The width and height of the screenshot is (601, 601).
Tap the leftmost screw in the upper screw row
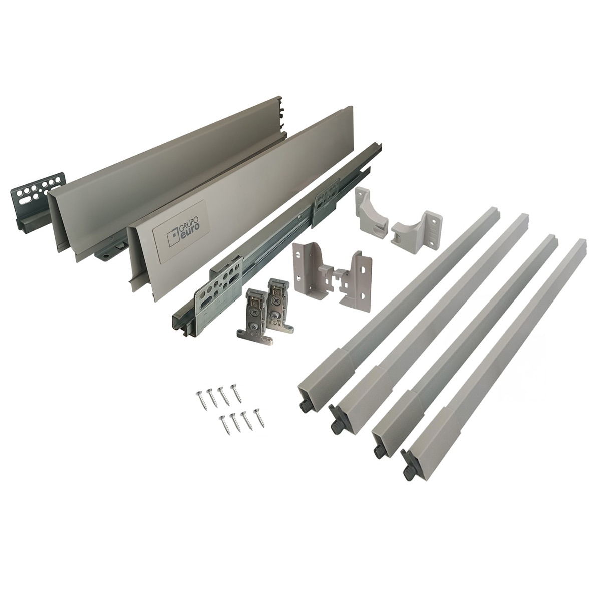click(x=200, y=399)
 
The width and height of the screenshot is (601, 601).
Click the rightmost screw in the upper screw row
click(x=236, y=394)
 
